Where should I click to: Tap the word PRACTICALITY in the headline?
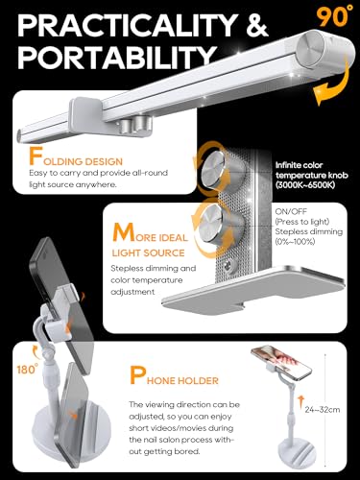(x=128, y=25)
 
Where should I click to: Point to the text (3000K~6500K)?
(x=305, y=185)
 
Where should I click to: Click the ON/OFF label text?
(x=291, y=211)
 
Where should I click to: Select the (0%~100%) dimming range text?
(x=295, y=242)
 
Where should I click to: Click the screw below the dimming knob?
(x=230, y=265)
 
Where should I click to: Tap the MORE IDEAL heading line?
(x=150, y=233)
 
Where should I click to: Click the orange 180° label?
(x=28, y=369)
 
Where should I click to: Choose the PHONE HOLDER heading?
(x=174, y=376)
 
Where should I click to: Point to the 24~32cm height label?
(x=323, y=410)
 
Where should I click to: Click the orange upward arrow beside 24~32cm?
(x=300, y=402)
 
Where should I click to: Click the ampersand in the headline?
(x=257, y=25)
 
